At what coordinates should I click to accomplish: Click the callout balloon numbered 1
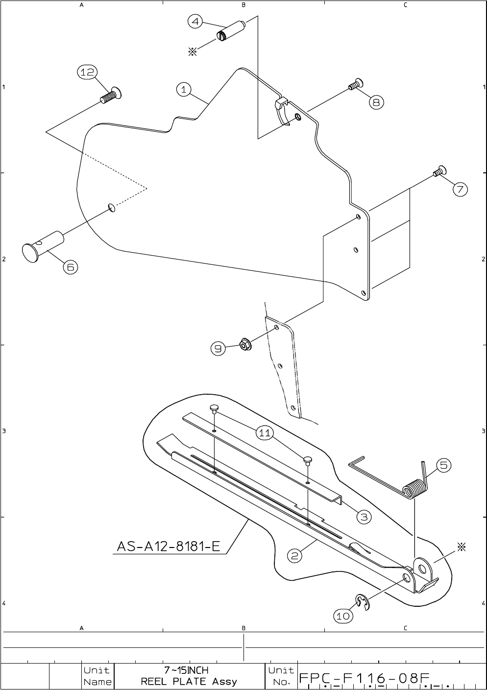[184, 90]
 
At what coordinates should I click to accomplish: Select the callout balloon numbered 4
[195, 22]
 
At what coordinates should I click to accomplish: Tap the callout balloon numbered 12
[87, 72]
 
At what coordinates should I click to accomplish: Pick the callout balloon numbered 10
[343, 616]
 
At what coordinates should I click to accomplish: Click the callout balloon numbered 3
[364, 517]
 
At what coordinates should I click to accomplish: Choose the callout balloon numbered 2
[294, 556]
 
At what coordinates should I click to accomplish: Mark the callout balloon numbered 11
[265, 433]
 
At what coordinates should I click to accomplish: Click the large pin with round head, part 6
[43, 247]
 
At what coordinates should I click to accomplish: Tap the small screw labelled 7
[439, 171]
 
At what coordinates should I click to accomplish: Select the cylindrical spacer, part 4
[230, 31]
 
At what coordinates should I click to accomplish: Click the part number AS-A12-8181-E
[169, 546]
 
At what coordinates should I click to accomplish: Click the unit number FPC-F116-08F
[365, 678]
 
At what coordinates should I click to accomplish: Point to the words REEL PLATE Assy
[189, 681]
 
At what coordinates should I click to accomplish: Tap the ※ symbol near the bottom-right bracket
[461, 547]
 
